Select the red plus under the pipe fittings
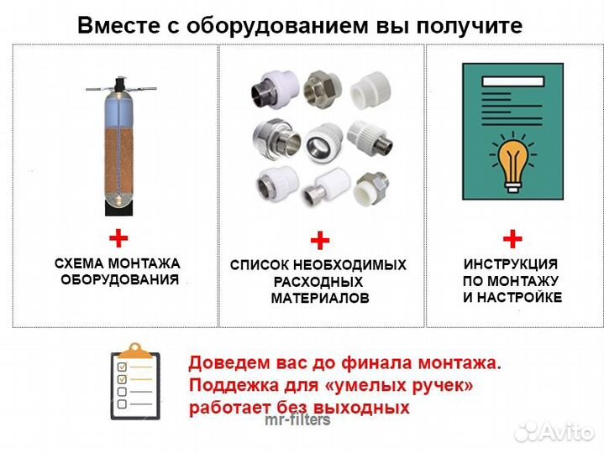(319, 242)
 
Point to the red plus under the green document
(512, 237)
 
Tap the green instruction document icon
(512, 130)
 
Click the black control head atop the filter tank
(118, 85)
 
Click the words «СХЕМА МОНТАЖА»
(118, 263)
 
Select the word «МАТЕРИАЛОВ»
(319, 298)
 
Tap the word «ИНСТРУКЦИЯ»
(511, 263)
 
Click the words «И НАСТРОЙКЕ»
(512, 298)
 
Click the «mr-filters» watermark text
(297, 419)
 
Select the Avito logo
(555, 432)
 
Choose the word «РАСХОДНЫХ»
(319, 282)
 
